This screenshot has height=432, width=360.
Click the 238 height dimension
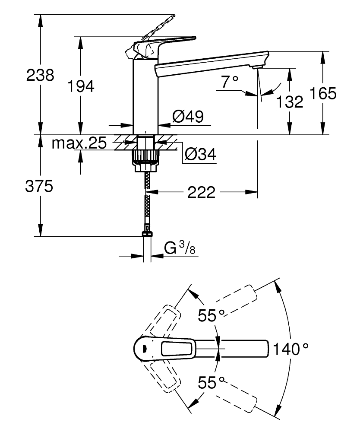[40, 75]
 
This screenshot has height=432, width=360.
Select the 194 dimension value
[81, 86]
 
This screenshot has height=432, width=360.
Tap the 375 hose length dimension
[40, 187]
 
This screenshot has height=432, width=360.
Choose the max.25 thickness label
[79, 143]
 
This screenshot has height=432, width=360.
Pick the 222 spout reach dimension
[201, 193]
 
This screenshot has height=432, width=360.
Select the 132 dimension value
[289, 102]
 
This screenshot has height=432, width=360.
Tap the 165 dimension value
[322, 93]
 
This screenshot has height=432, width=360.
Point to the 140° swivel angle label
[291, 349]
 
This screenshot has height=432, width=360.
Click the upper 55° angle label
[212, 315]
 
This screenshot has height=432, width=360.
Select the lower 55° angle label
[212, 382]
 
